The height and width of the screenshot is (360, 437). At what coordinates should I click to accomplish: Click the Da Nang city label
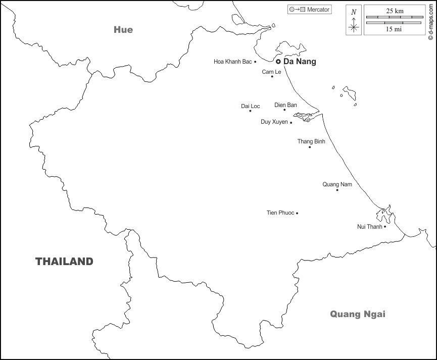[300, 62]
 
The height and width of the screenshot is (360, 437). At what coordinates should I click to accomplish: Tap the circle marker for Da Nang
[278, 62]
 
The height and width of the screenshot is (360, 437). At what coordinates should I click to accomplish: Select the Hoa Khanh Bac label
[232, 62]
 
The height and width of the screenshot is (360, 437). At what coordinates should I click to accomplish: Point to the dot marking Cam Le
[272, 76]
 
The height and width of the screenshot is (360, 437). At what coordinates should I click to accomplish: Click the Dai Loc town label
[250, 106]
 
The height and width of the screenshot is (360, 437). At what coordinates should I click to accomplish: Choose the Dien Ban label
[285, 105]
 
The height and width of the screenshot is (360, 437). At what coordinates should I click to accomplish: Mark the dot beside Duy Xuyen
[291, 122]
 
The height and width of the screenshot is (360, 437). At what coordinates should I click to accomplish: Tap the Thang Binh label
[311, 141]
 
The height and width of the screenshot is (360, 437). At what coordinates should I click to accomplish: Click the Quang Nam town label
[337, 184]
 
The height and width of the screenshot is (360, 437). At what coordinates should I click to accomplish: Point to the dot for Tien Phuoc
[297, 213]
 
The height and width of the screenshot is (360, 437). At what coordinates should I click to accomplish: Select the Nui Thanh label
[370, 227]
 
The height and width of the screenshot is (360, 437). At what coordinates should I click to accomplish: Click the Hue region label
[123, 30]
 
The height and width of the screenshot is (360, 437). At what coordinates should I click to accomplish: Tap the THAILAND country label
[64, 262]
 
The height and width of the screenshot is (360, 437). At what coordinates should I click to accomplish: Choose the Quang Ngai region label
[358, 314]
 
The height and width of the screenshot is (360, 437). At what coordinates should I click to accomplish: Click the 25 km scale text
[395, 11]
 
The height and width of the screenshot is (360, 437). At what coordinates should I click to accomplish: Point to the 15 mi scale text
[395, 29]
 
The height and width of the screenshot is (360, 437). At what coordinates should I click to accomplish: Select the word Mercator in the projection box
[318, 10]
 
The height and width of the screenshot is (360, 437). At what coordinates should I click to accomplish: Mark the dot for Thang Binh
[310, 147]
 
